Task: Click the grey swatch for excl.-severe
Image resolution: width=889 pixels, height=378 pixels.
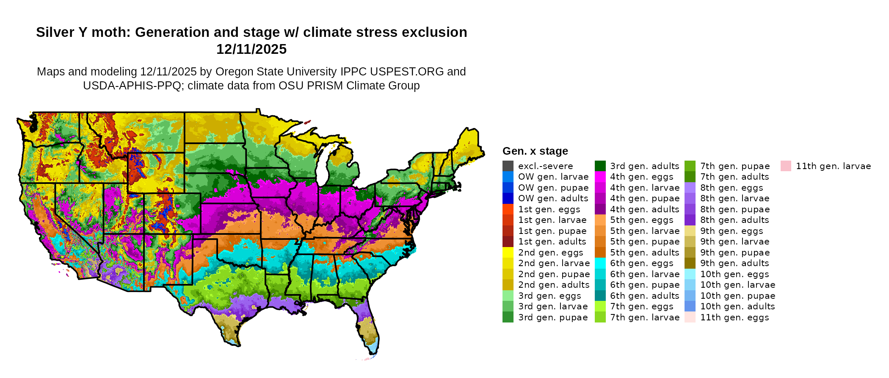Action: click(x=508, y=166)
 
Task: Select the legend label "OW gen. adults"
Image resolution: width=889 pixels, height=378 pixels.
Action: click(x=553, y=198)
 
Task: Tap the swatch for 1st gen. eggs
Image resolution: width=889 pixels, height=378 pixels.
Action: click(x=508, y=209)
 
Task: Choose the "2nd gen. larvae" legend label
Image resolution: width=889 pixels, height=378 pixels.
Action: click(x=554, y=263)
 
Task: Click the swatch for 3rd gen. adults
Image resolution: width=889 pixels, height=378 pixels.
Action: click(x=600, y=166)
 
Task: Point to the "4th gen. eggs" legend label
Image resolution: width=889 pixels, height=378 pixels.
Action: click(x=641, y=177)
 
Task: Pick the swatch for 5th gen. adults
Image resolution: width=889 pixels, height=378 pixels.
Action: click(x=600, y=253)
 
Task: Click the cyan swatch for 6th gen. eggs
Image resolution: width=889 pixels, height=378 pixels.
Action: click(x=600, y=263)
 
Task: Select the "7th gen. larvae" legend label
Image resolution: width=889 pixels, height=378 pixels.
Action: click(x=645, y=317)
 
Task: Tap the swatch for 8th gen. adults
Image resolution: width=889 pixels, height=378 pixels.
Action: click(x=690, y=220)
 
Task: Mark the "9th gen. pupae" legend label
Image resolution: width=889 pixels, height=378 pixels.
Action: click(x=735, y=253)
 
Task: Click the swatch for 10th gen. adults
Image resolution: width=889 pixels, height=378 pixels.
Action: click(x=690, y=306)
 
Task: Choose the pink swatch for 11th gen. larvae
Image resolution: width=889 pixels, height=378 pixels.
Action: click(x=786, y=166)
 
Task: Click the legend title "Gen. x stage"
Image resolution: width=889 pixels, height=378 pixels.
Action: click(x=535, y=151)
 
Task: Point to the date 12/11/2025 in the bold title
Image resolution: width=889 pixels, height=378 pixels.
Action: click(x=251, y=50)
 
